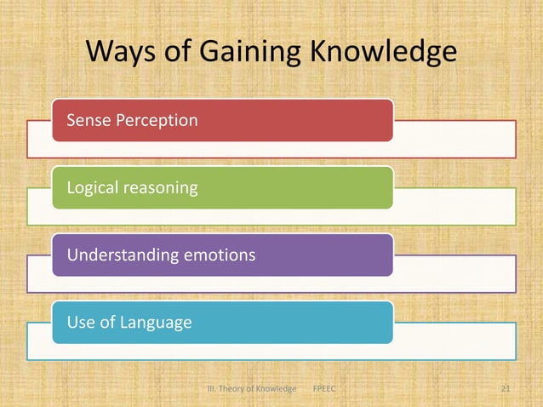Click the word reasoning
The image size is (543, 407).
coord(163,187)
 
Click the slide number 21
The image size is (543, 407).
coord(506,389)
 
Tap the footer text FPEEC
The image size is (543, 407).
coord(325,389)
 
